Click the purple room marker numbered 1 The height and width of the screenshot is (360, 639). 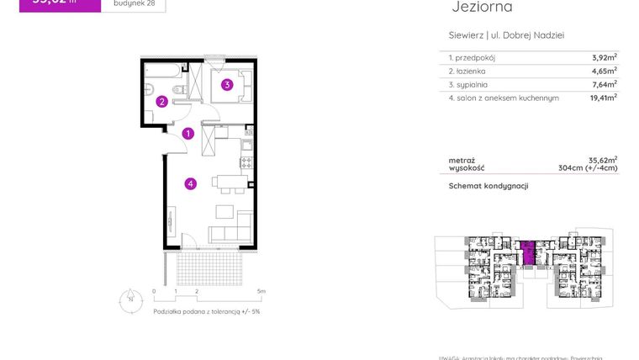pos(189,133)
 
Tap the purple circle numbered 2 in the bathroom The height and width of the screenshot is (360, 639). pos(161,102)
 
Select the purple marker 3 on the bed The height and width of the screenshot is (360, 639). pos(227,84)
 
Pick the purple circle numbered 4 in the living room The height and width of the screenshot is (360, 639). pos(191,183)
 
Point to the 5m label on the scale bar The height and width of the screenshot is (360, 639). pos(261,292)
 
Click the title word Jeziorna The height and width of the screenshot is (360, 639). pos(481,8)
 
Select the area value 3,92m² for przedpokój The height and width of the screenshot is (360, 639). pos(604,57)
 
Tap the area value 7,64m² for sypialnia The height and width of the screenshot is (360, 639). pos(604,84)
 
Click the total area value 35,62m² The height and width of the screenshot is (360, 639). pos(603,159)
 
